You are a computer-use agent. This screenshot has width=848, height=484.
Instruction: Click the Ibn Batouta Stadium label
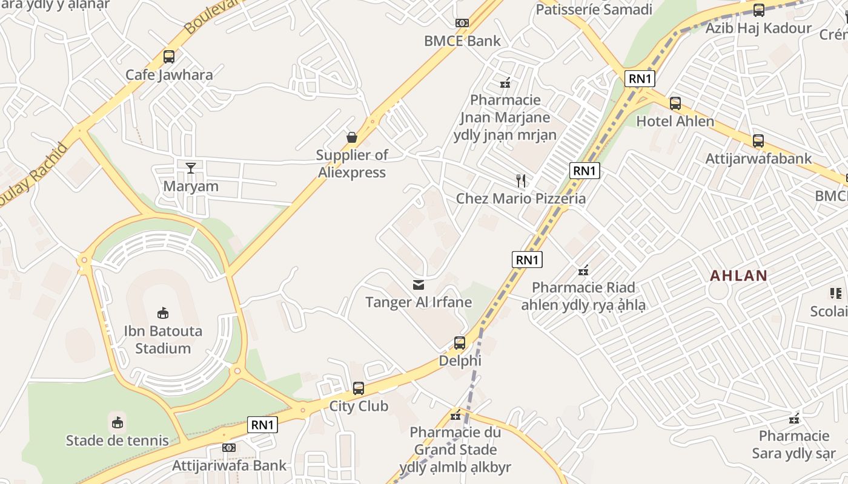click(163, 340)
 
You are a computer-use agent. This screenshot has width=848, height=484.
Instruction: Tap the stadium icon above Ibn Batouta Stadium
click(163, 313)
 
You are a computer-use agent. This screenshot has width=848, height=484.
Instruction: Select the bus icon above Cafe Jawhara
click(169, 57)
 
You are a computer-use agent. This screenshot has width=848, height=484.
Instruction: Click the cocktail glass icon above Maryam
click(191, 168)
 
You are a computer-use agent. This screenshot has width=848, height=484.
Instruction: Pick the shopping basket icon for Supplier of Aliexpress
click(352, 137)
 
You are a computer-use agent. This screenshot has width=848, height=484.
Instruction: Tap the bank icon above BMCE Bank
click(462, 23)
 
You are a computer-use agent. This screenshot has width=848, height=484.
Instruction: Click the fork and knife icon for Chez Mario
click(520, 180)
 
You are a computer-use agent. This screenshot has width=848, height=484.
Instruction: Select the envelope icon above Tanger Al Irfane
click(418, 284)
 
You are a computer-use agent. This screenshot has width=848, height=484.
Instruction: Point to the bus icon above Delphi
click(460, 343)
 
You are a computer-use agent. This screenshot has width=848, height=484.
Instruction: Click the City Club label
click(359, 406)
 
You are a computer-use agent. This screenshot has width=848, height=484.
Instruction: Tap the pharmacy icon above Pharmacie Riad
click(583, 270)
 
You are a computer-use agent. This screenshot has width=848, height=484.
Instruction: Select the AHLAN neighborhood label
click(738, 276)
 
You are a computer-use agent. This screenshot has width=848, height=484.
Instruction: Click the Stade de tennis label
click(117, 440)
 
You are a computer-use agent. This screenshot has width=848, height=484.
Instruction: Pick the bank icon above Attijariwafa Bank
click(228, 448)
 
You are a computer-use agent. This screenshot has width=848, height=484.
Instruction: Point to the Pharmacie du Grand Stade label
click(455, 441)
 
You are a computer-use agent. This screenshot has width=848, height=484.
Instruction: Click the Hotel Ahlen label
click(675, 121)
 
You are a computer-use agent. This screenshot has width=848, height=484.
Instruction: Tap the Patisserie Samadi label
click(594, 9)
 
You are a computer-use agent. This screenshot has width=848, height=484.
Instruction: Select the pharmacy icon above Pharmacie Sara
click(794, 418)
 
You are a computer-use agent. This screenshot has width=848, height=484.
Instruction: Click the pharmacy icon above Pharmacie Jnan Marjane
click(505, 83)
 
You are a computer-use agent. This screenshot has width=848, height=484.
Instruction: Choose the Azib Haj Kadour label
click(758, 28)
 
